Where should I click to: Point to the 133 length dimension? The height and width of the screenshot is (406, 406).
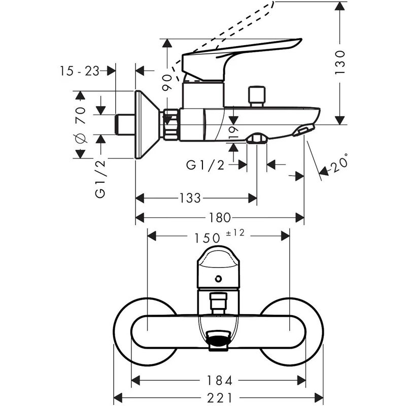pyautogui.click(x=190, y=198)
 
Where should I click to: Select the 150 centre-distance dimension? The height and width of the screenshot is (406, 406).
pyautogui.click(x=207, y=236)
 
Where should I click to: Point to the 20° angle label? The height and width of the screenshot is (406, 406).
pyautogui.click(x=339, y=163)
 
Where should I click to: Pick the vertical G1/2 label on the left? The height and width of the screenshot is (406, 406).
pyautogui.click(x=100, y=178)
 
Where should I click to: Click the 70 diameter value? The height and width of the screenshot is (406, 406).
pyautogui.click(x=80, y=116)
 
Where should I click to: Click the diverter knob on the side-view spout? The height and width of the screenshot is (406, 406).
pyautogui.click(x=257, y=96)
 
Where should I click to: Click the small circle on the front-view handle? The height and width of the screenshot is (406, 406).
pyautogui.click(x=218, y=278)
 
